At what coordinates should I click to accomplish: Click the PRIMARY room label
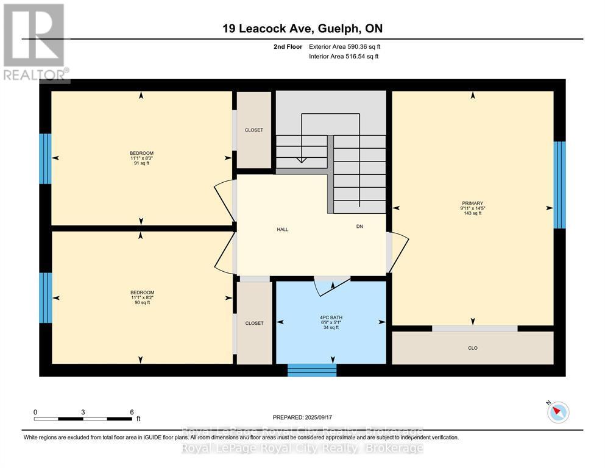[x=472, y=203]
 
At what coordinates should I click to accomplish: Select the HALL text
[x=282, y=230]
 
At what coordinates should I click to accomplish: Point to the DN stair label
[x=360, y=226]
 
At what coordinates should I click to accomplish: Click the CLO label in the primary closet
[x=472, y=347]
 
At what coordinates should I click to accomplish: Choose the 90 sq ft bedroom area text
[x=141, y=302]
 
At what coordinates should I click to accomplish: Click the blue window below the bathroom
[x=312, y=370]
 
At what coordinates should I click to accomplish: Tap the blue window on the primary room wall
[x=559, y=185]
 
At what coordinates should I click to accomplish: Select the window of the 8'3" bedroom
[x=45, y=158]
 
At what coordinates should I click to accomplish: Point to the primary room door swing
[x=398, y=253]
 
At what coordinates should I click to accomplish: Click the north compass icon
[x=557, y=413]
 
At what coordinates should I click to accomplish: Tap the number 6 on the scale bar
[x=132, y=412]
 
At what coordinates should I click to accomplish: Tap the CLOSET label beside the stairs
[x=253, y=130]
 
